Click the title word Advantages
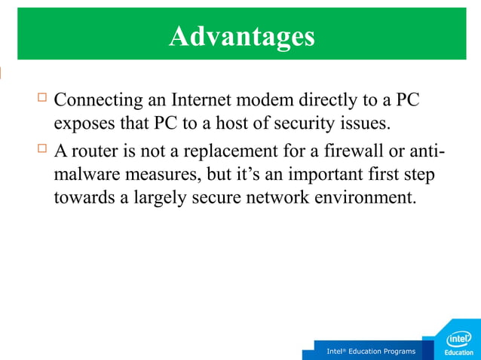(240, 35)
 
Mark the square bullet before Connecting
(41, 97)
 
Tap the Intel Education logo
(459, 341)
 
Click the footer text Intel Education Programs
(370, 352)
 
